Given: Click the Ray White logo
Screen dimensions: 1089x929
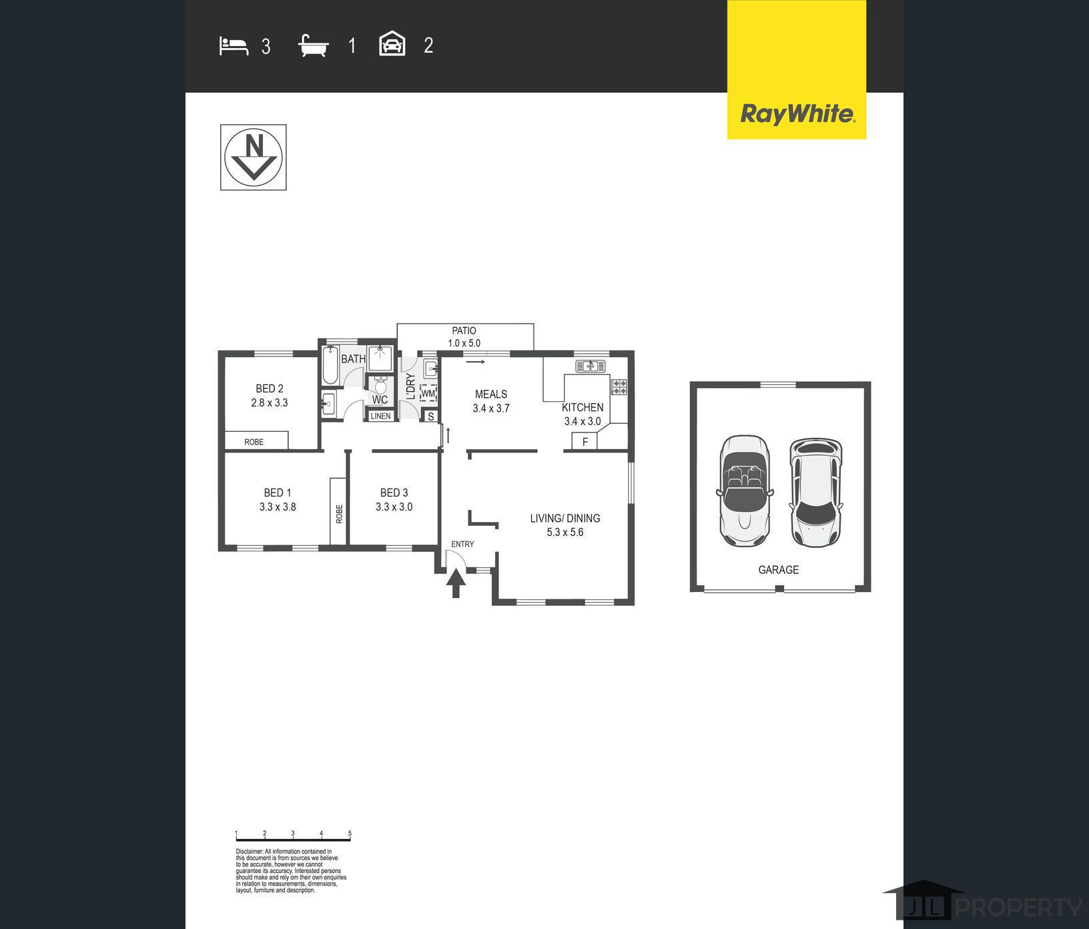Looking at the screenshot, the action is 797,69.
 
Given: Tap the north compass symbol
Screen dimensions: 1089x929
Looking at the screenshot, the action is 254,158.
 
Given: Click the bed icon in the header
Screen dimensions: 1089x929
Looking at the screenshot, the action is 234,46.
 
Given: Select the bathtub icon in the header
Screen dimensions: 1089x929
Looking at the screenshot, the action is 314,46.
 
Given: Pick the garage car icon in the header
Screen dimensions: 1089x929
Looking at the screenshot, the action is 392,44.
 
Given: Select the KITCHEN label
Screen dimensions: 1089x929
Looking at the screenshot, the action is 583,407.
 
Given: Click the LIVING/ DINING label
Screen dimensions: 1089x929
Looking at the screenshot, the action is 565,518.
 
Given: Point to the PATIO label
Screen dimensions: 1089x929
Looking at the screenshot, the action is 464,330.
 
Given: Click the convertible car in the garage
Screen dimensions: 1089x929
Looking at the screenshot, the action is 745,491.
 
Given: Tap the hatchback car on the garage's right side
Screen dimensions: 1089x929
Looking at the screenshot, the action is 815,493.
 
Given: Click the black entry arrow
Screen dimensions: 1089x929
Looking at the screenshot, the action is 456,583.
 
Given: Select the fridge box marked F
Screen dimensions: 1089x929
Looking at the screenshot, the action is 585,441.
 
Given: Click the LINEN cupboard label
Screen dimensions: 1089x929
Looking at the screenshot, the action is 380,416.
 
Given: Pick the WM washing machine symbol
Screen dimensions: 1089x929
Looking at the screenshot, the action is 428,393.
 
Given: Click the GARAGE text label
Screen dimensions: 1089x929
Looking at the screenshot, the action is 778,570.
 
